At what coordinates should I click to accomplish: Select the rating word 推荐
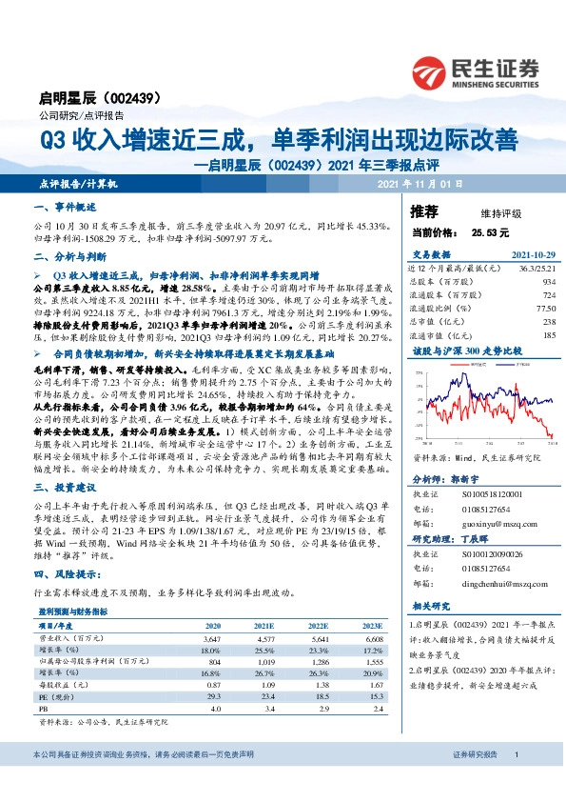(423, 210)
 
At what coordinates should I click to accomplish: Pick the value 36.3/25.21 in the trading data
(537, 269)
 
